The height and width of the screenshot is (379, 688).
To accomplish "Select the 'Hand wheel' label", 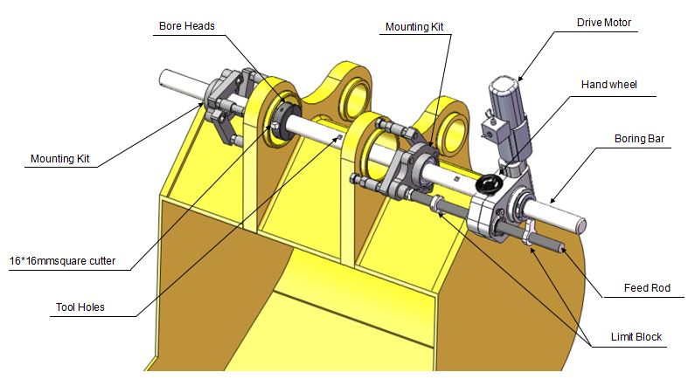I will point(609,85).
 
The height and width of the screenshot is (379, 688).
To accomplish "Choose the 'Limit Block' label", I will point(636,336).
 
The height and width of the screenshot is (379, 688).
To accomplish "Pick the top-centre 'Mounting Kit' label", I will point(414,27).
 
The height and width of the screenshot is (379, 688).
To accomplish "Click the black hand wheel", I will point(488,184).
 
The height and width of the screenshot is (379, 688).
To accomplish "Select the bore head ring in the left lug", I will point(285,114).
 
